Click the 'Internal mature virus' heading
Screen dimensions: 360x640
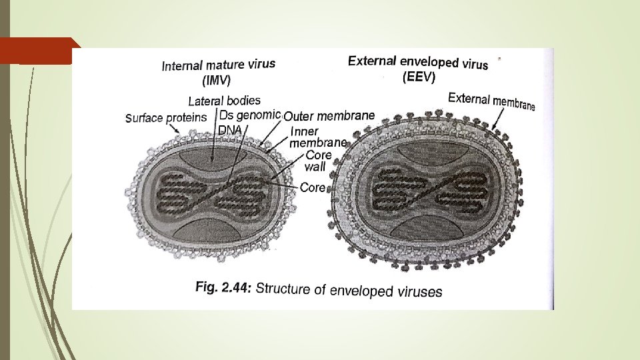pos(219,65)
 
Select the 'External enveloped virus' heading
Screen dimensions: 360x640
pos(418,62)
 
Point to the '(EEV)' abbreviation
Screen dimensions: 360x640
pos(419,78)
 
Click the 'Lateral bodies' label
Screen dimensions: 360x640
pos(224,101)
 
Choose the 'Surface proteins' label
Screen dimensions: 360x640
pos(167,118)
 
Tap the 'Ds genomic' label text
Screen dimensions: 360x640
pos(250,115)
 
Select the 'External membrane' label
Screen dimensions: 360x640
pos(491,101)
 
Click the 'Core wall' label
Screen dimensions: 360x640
pos(318,161)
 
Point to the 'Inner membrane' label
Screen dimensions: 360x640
pos(318,137)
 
